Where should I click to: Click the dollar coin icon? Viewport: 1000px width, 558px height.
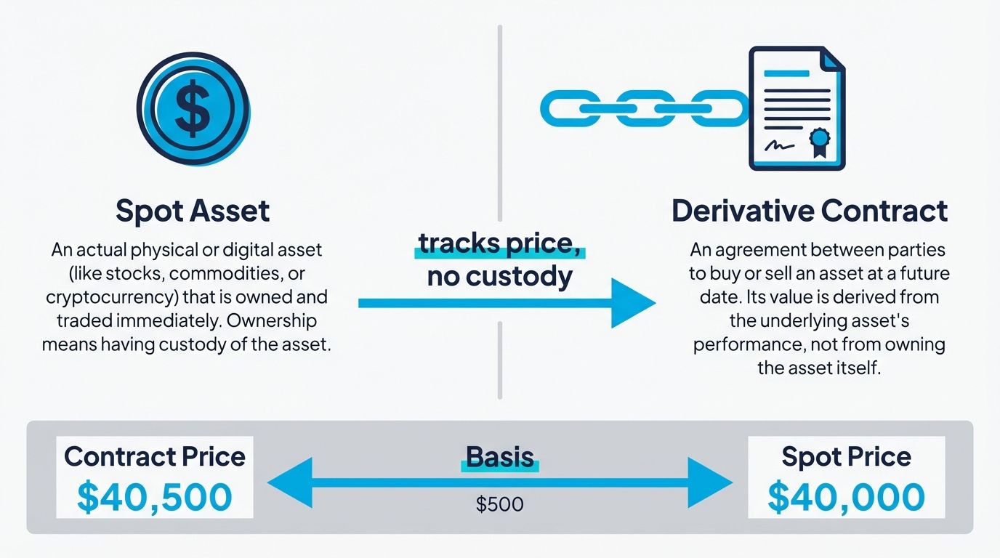tap(193, 109)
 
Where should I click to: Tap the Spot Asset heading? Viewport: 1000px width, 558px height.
tap(193, 211)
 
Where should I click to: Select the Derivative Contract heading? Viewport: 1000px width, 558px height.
tap(809, 211)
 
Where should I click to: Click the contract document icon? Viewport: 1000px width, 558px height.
tap(797, 108)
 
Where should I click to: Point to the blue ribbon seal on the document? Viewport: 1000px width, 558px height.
tap(820, 139)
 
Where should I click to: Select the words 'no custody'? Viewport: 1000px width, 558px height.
tap(499, 277)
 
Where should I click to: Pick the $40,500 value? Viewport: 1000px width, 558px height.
tap(154, 497)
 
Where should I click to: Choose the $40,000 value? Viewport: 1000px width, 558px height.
tap(846, 497)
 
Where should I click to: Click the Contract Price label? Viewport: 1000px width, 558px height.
tap(154, 456)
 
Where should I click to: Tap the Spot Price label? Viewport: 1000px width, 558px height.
tap(846, 456)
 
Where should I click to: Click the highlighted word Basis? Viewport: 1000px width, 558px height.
tap(499, 457)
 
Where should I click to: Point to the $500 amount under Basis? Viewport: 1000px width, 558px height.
tap(499, 504)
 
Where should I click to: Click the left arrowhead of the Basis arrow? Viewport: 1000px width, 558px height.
tap(291, 482)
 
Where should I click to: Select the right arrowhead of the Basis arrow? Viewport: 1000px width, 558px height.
tap(709, 482)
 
